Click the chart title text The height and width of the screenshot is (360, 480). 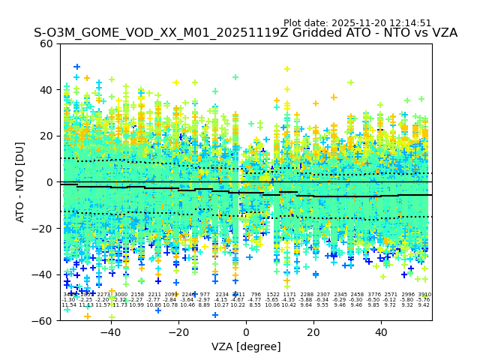tap(245, 33)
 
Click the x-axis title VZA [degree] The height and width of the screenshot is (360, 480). tap(246, 346)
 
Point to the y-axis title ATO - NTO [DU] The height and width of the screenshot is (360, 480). tap(21, 182)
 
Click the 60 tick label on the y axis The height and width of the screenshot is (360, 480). tap(46, 43)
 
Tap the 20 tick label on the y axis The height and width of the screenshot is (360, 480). tap(46, 136)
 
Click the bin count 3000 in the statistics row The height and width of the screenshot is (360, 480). tap(120, 295)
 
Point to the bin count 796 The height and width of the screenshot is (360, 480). tap(255, 295)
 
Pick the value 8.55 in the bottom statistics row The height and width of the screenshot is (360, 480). tap(255, 305)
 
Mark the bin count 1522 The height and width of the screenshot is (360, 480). tap(272, 295)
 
